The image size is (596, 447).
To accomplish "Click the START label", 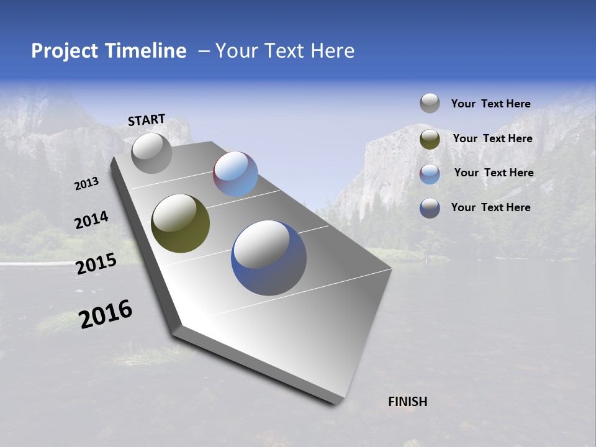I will pos(147,120).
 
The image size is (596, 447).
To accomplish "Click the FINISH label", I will pos(407,402).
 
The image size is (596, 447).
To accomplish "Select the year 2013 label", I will pos(86,184).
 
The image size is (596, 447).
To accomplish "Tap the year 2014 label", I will pos(91,220).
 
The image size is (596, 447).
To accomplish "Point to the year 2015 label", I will pos(96,264).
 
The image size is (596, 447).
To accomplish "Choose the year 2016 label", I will pos(106,314).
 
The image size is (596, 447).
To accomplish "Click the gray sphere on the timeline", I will pos(151,153).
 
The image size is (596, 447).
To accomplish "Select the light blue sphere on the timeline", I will pos(236,174).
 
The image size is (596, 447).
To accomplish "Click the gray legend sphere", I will pos(430,103).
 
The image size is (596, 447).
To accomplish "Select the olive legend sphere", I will pos(430,139).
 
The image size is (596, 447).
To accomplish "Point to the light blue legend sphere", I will pos(430,174).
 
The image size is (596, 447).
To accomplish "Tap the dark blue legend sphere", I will pos(430,208).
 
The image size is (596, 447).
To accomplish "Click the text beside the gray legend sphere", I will pos(490,104).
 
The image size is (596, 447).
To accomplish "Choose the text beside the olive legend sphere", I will pos(492,138).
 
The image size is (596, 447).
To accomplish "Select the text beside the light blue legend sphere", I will pos(494,173).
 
